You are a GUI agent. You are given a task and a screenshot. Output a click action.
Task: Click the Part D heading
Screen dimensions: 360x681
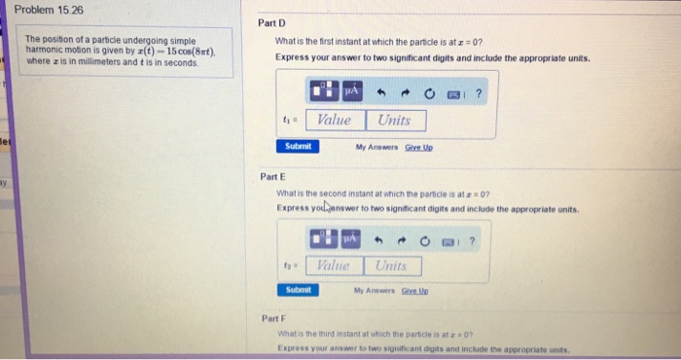(271, 22)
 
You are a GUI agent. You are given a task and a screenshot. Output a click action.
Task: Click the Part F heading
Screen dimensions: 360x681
(273, 319)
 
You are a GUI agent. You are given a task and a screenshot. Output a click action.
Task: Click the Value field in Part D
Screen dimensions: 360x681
(335, 120)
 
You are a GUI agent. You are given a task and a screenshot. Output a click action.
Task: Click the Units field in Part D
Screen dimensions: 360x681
(395, 120)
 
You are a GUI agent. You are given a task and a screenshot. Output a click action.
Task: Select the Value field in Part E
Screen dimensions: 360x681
(333, 265)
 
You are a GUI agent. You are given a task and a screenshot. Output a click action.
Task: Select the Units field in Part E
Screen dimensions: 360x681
(393, 265)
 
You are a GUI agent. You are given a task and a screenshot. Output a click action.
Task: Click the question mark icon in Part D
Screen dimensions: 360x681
(479, 93)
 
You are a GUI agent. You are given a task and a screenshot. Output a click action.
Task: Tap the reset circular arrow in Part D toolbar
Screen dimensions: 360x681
(428, 94)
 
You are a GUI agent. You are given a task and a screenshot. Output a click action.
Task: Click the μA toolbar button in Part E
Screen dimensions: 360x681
(351, 236)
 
